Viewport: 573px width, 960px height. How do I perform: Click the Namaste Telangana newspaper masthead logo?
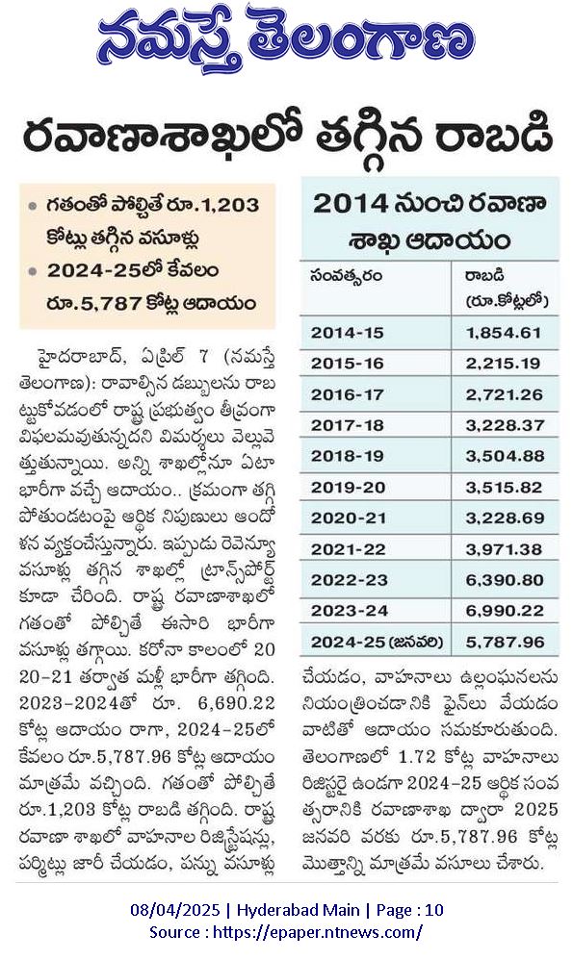[x=286, y=39]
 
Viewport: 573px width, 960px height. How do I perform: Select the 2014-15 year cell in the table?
[x=347, y=333]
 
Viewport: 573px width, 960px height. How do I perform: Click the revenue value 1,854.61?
[x=504, y=333]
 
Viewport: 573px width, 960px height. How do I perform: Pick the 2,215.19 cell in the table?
[x=504, y=364]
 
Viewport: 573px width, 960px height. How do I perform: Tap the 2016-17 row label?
[x=347, y=395]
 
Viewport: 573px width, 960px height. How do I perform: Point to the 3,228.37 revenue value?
[x=504, y=425]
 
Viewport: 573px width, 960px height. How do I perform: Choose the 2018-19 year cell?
[x=347, y=456]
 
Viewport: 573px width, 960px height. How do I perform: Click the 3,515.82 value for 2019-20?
[x=504, y=488]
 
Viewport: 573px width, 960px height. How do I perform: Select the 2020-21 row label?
[x=348, y=518]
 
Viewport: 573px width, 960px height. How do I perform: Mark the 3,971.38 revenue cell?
[x=504, y=549]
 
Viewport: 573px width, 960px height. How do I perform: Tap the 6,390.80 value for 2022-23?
[x=504, y=580]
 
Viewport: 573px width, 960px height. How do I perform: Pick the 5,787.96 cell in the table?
[x=504, y=643]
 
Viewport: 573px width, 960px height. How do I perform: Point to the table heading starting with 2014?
[x=429, y=221]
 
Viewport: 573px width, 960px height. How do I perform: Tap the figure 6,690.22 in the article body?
[x=237, y=703]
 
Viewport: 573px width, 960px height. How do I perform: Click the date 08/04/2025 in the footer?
[x=174, y=910]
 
